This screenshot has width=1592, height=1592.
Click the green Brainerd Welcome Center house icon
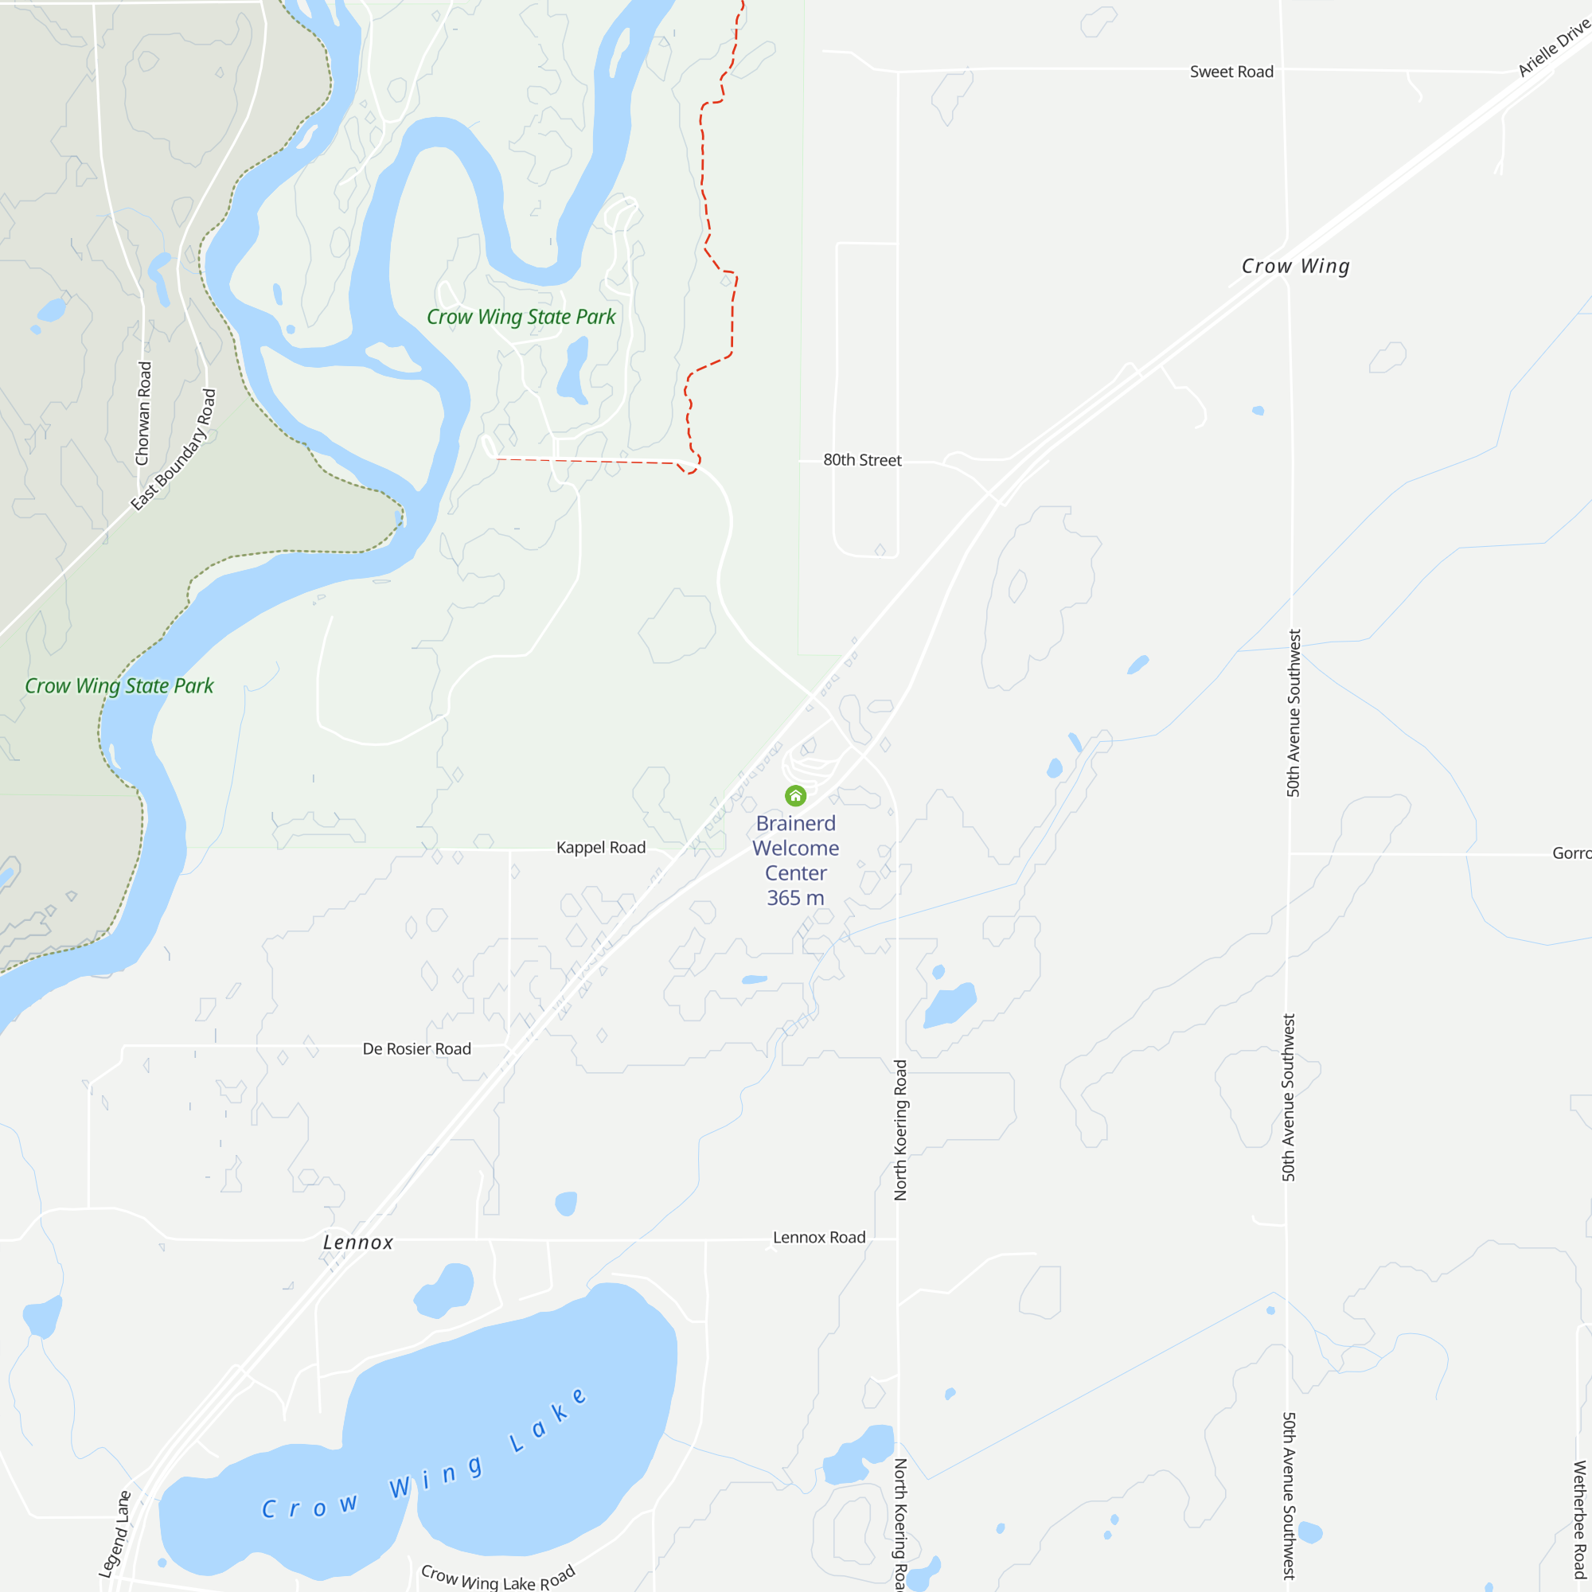click(x=795, y=796)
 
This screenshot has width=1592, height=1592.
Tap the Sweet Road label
click(x=1231, y=72)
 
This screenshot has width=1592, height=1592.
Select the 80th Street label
click(x=862, y=460)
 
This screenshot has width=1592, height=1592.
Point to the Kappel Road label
click(x=601, y=847)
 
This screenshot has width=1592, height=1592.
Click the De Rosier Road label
click(x=417, y=1048)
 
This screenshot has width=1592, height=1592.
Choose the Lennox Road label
click(x=819, y=1237)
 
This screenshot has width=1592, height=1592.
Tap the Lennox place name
click(x=358, y=1242)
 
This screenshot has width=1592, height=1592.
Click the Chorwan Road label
click(x=143, y=414)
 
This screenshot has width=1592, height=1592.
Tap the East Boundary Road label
click(x=174, y=450)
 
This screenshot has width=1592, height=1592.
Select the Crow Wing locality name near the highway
click(x=1295, y=266)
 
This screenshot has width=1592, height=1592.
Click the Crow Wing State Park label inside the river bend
click(x=521, y=318)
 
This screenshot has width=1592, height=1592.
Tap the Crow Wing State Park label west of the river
click(x=119, y=686)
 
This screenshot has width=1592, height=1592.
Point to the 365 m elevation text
click(x=795, y=898)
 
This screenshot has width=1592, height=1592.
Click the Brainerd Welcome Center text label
click(x=795, y=848)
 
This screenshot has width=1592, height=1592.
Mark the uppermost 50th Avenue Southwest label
click(x=1293, y=712)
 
